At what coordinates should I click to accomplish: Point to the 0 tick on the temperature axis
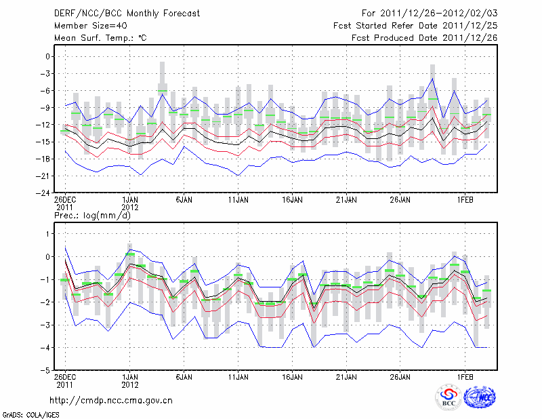point(48,57)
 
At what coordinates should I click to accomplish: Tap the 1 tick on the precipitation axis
point(48,234)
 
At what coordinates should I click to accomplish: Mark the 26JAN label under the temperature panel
point(400,200)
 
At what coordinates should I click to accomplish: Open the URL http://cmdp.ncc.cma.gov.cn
point(111,400)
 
